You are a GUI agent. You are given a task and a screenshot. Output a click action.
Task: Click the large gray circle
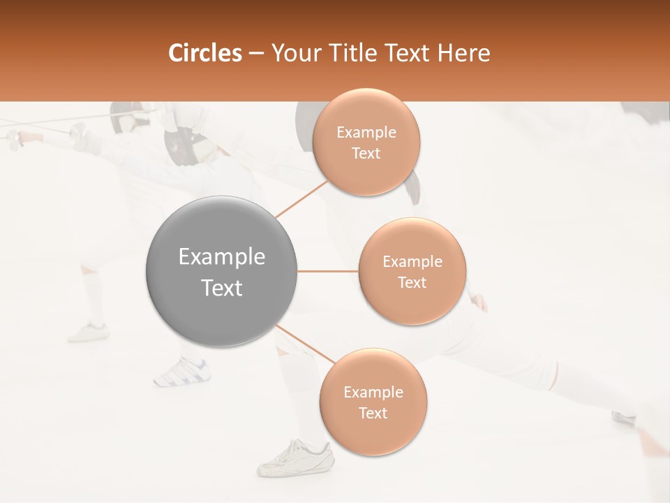pos(221,271)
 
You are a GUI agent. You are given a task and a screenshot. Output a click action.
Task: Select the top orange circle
pos(366,142)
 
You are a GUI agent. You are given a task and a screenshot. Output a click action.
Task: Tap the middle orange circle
pos(412,271)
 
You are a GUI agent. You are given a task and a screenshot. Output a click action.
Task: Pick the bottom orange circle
pos(373,402)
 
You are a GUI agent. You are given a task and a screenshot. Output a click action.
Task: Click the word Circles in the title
pos(205,53)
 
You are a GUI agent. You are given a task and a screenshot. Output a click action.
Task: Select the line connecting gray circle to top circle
pos(301,199)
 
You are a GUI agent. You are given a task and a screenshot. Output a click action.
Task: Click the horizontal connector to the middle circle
pos(327,271)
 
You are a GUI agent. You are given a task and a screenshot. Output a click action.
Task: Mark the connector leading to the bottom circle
pos(306,344)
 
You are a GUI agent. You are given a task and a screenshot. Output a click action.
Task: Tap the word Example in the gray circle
pos(221,257)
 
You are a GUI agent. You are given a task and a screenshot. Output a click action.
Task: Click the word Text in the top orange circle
pos(366,154)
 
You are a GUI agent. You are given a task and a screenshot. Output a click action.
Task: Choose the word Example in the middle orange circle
pos(412,262)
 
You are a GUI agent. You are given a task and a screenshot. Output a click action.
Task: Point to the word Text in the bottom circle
pos(373,414)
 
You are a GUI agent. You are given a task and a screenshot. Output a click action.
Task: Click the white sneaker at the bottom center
pos(295,458)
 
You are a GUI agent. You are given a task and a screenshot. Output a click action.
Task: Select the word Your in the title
pos(295,53)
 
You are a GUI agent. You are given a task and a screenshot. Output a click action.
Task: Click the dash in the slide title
pos(256,53)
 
